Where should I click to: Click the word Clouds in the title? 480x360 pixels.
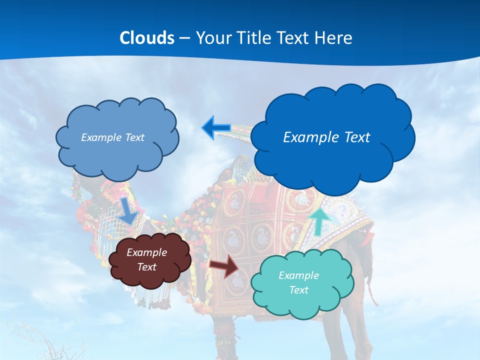pos(147,38)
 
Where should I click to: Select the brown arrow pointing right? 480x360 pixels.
pos(224,266)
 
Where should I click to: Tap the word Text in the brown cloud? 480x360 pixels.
pos(146,267)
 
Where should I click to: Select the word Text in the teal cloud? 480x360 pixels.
pos(298,290)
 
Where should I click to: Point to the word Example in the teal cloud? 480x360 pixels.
pos(298,275)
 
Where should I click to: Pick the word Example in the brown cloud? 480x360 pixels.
pos(146,252)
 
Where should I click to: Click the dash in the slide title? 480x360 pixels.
pos(184,38)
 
